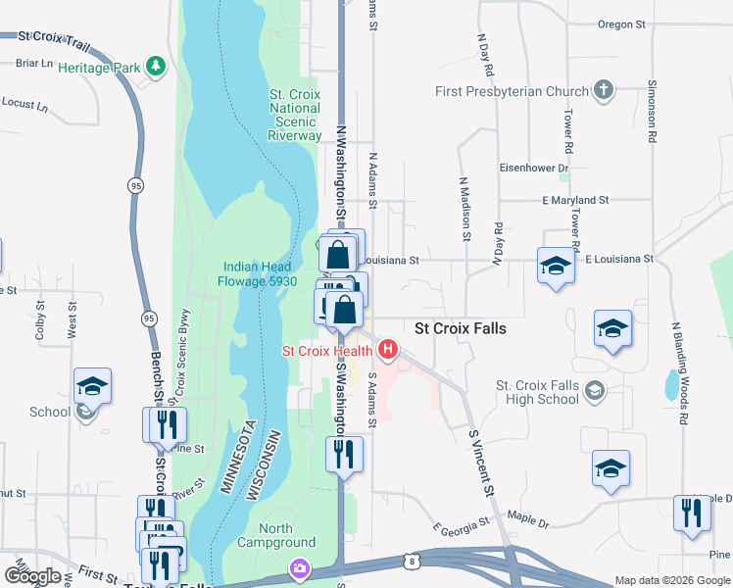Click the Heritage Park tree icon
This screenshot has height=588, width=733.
click(x=155, y=67)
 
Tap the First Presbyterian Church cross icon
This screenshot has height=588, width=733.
click(x=604, y=92)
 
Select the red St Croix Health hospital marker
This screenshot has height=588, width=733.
click(x=389, y=348)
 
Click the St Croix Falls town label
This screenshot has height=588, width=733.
click(x=461, y=328)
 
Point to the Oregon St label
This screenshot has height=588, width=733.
click(x=621, y=24)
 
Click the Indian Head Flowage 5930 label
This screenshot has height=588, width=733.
click(x=259, y=273)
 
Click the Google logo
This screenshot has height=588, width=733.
click(x=32, y=576)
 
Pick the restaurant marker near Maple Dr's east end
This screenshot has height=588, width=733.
click(x=693, y=513)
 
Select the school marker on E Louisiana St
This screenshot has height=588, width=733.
click(x=556, y=266)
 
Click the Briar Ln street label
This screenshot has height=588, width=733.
click(x=34, y=63)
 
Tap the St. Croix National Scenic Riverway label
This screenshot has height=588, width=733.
click(x=295, y=115)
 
